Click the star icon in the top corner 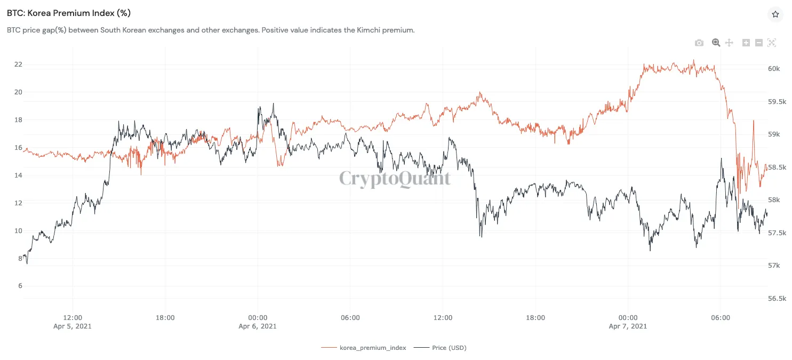pos(775,14)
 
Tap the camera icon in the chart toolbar pos(699,43)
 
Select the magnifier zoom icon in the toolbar pos(716,43)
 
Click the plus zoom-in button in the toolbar pos(746,43)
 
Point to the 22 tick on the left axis pos(19,65)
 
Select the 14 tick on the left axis pos(19,175)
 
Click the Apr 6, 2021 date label pos(258,326)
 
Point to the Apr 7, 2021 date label pos(628,326)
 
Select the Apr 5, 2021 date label pos(73,326)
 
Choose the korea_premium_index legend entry pos(372,348)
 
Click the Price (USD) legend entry pos(449,348)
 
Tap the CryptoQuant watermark pos(395,179)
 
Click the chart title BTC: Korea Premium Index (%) pos(69,13)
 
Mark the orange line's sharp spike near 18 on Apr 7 pos(754,121)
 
